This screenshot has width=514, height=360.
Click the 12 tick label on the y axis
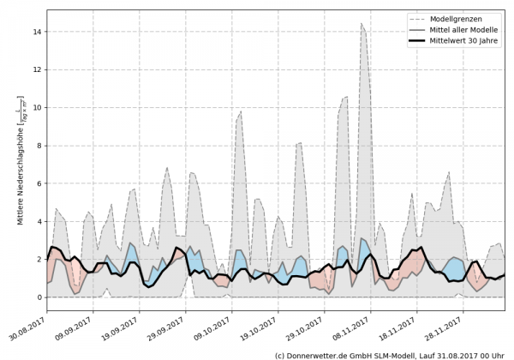pos(38,69)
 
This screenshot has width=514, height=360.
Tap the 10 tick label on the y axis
pos(38,107)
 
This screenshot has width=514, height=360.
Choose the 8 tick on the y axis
pos(40,146)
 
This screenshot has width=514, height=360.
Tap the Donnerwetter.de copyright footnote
pos(389,354)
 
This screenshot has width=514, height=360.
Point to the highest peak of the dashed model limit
pos(362,24)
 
